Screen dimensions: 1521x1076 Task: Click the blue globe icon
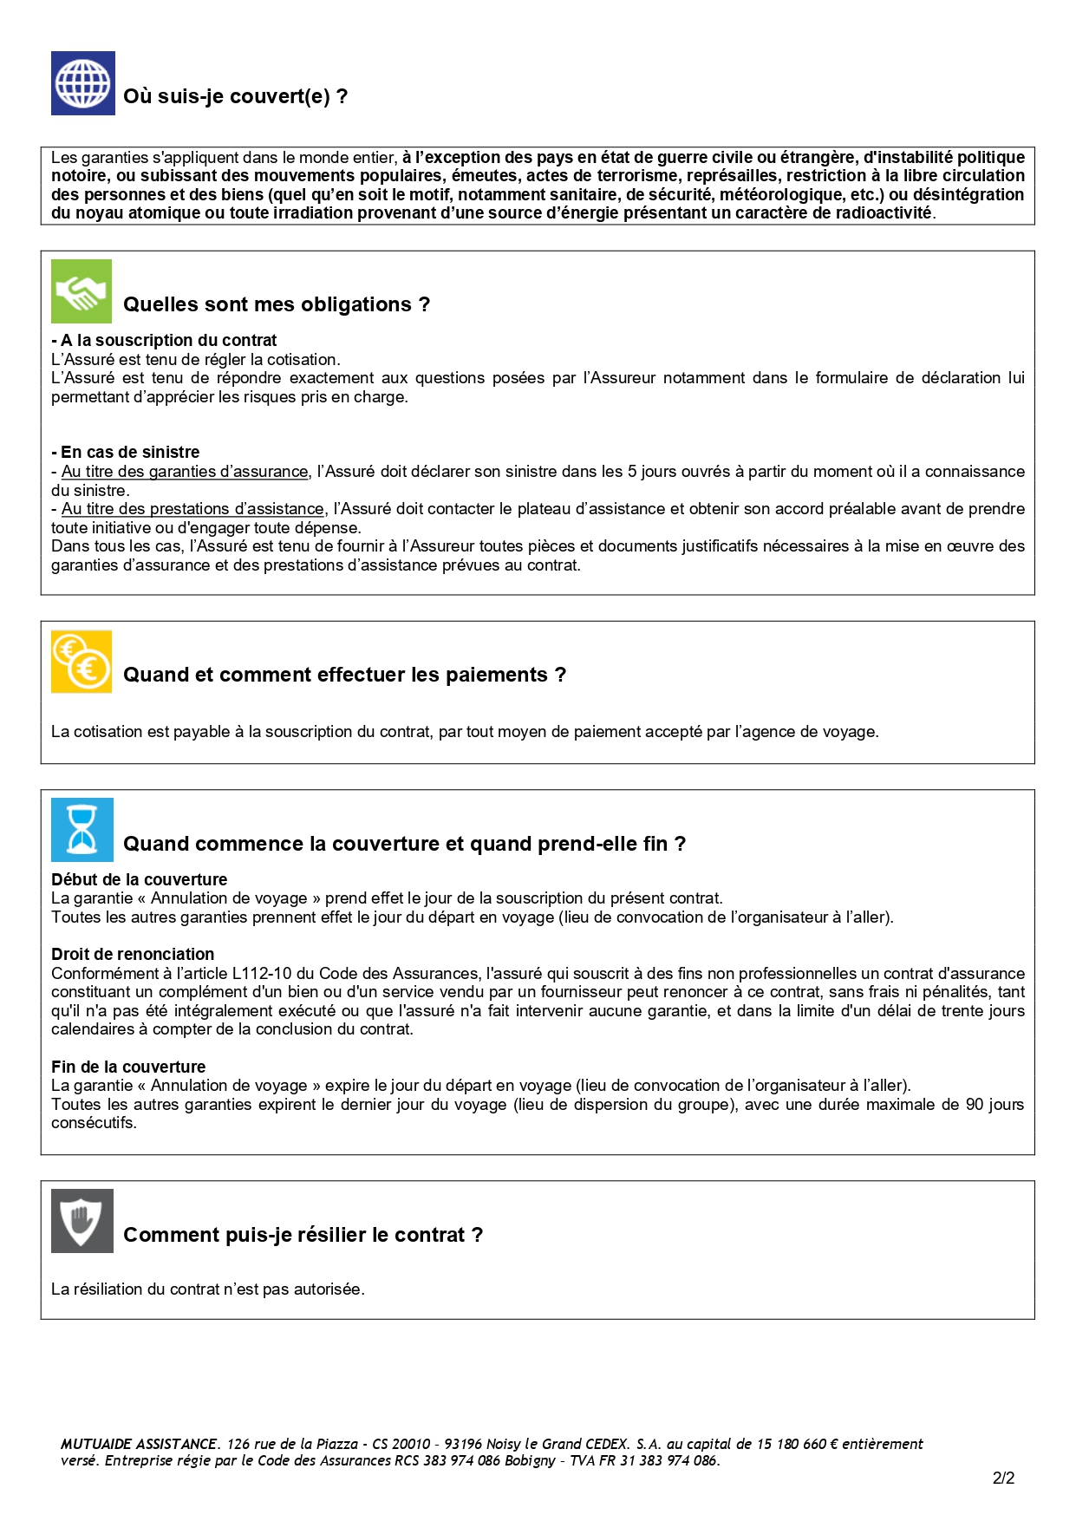click(82, 83)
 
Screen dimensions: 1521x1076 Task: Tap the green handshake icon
click(82, 291)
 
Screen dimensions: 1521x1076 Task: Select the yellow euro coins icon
click(82, 662)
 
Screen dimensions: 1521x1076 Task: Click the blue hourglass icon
click(82, 830)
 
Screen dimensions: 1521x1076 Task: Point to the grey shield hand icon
click(82, 1221)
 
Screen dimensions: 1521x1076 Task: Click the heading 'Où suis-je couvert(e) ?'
click(235, 96)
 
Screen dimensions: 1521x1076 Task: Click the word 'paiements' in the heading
click(496, 675)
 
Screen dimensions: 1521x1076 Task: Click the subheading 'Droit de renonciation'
click(133, 954)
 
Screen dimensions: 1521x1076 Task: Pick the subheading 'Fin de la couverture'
click(128, 1067)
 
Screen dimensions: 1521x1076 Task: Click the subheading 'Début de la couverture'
click(139, 879)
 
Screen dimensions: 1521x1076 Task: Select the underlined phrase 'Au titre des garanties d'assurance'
click(185, 472)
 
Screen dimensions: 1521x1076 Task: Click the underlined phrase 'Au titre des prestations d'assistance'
click(192, 509)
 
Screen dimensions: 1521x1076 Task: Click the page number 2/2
click(1003, 1479)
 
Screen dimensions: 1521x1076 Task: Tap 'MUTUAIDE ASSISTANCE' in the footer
click(139, 1444)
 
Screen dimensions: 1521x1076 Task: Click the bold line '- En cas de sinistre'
click(126, 452)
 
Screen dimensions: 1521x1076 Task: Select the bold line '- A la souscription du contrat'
click(164, 340)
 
